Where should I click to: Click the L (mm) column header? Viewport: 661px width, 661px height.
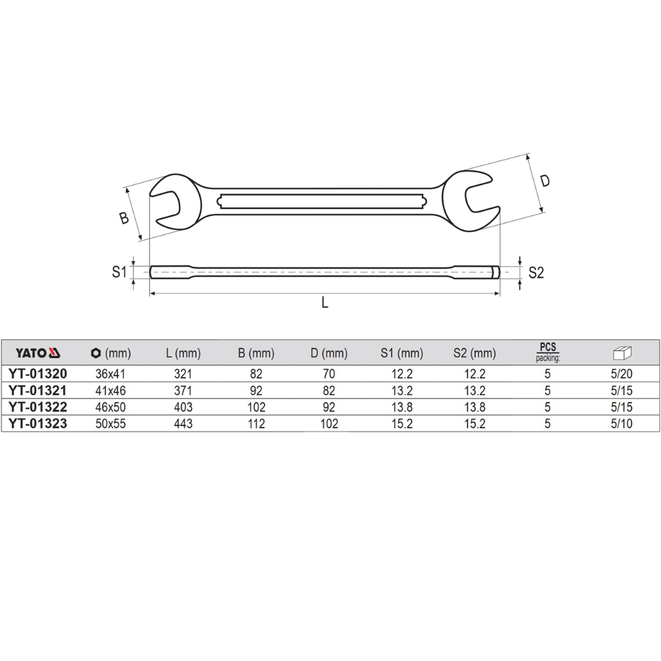[183, 353]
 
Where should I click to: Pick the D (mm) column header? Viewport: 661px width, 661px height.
[329, 353]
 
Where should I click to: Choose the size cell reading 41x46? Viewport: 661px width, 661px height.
[110, 391]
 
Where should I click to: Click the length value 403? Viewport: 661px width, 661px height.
[183, 407]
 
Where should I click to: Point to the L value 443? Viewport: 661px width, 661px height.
[183, 424]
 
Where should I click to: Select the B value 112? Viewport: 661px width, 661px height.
[256, 424]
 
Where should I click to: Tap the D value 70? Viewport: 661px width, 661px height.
[329, 373]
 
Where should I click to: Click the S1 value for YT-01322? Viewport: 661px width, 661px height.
[401, 407]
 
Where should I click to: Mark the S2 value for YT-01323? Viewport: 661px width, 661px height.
[474, 424]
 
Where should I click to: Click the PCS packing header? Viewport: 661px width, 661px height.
[547, 352]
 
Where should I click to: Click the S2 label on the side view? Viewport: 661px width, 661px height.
[535, 272]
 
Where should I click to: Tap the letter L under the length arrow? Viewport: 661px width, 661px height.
[325, 302]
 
